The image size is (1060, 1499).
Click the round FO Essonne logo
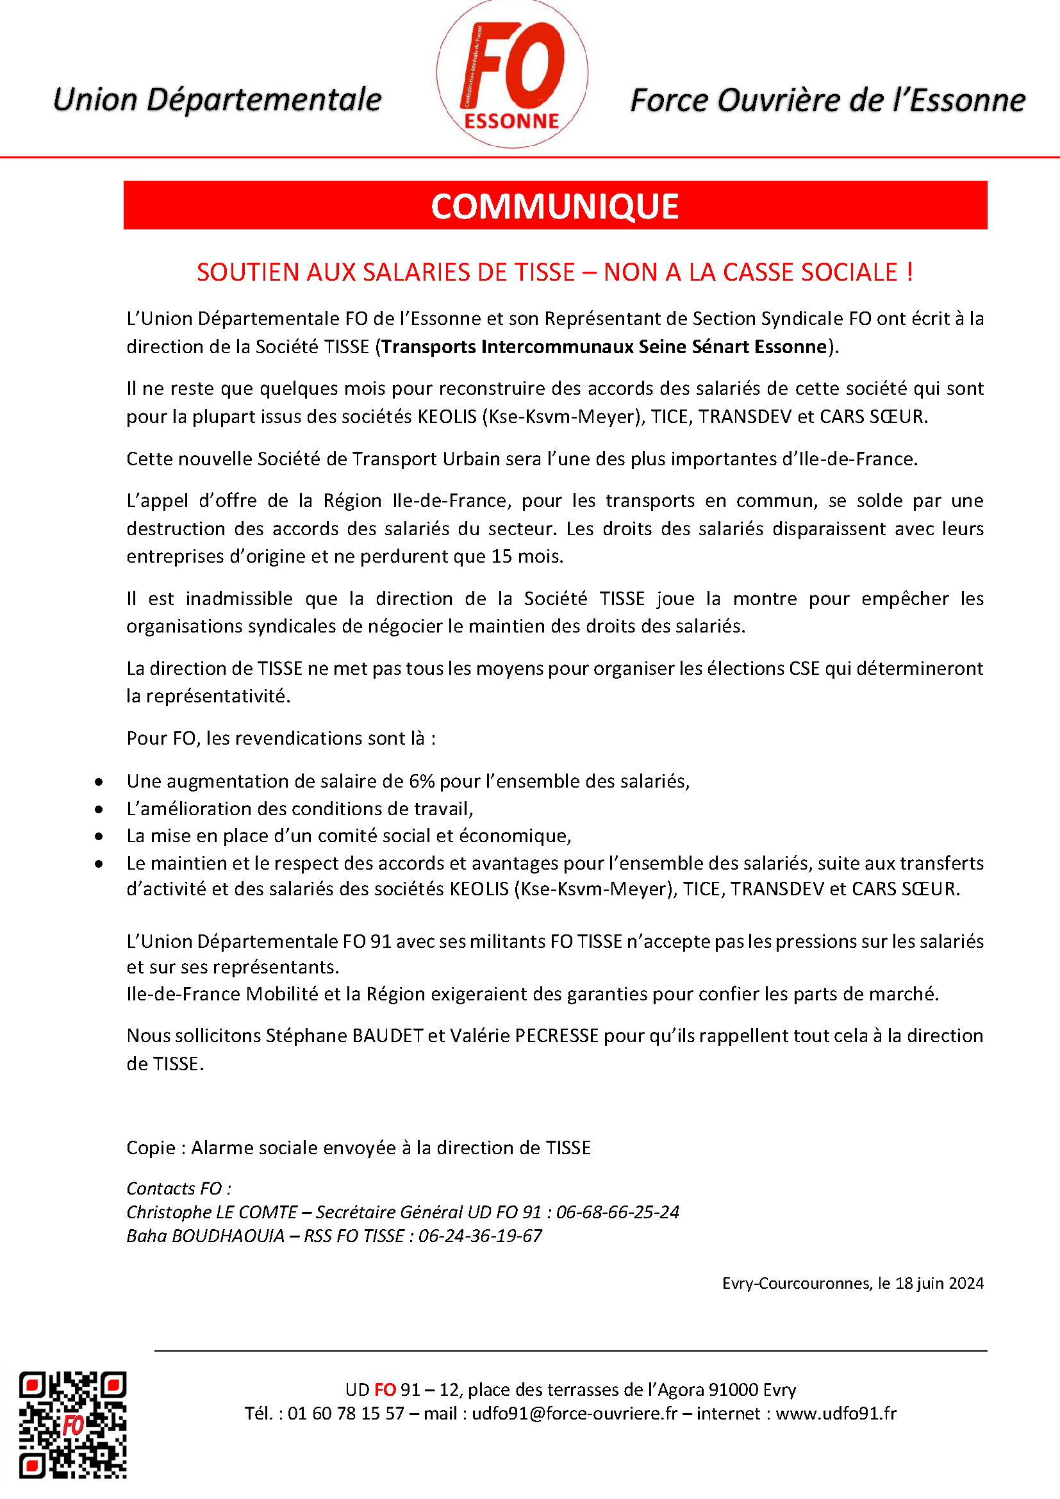point(511,74)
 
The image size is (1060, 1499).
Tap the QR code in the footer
point(72,1424)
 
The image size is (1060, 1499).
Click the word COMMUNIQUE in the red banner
point(555,206)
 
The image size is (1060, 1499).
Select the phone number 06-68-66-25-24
point(617,1213)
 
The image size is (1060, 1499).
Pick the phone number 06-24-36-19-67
point(480,1236)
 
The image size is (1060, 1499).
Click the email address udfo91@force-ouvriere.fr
point(574,1414)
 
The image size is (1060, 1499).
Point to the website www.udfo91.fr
point(836,1414)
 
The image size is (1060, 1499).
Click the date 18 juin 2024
point(940,1283)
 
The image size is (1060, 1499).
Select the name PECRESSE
point(556,1036)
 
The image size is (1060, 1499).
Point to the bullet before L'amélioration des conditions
point(99,809)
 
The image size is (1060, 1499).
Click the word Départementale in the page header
point(263,100)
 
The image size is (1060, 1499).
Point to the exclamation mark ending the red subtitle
point(909,272)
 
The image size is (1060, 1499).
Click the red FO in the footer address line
point(385,1389)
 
